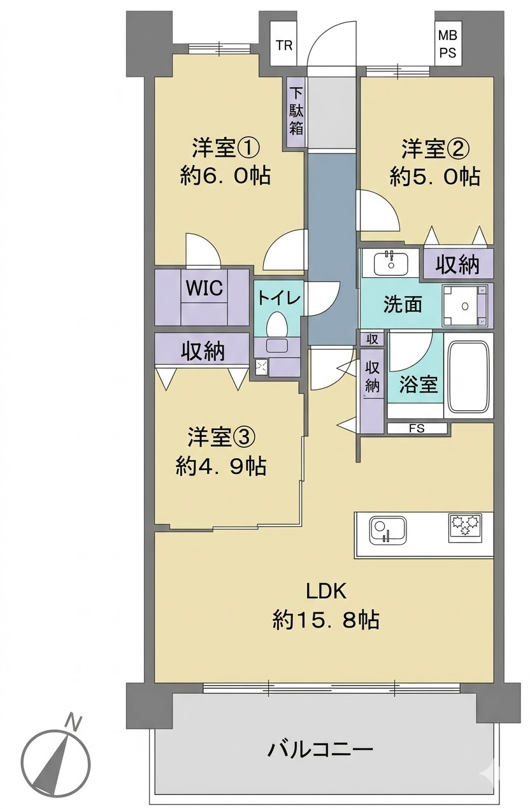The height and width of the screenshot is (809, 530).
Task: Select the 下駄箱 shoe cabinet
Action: (296, 112)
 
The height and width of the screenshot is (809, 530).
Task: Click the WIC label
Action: (204, 288)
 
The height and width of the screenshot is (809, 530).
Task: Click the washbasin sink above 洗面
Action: (390, 264)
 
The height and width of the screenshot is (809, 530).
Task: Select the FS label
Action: (417, 428)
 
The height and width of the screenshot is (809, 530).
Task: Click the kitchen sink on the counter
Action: (387, 531)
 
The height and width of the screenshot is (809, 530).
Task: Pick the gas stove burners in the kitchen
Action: (464, 527)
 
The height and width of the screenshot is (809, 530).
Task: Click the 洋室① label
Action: (225, 148)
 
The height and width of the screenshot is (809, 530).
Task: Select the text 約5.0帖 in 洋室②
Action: (434, 177)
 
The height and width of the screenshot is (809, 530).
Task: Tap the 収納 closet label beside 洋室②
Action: (457, 264)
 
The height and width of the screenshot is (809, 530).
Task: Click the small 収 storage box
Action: (372, 340)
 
